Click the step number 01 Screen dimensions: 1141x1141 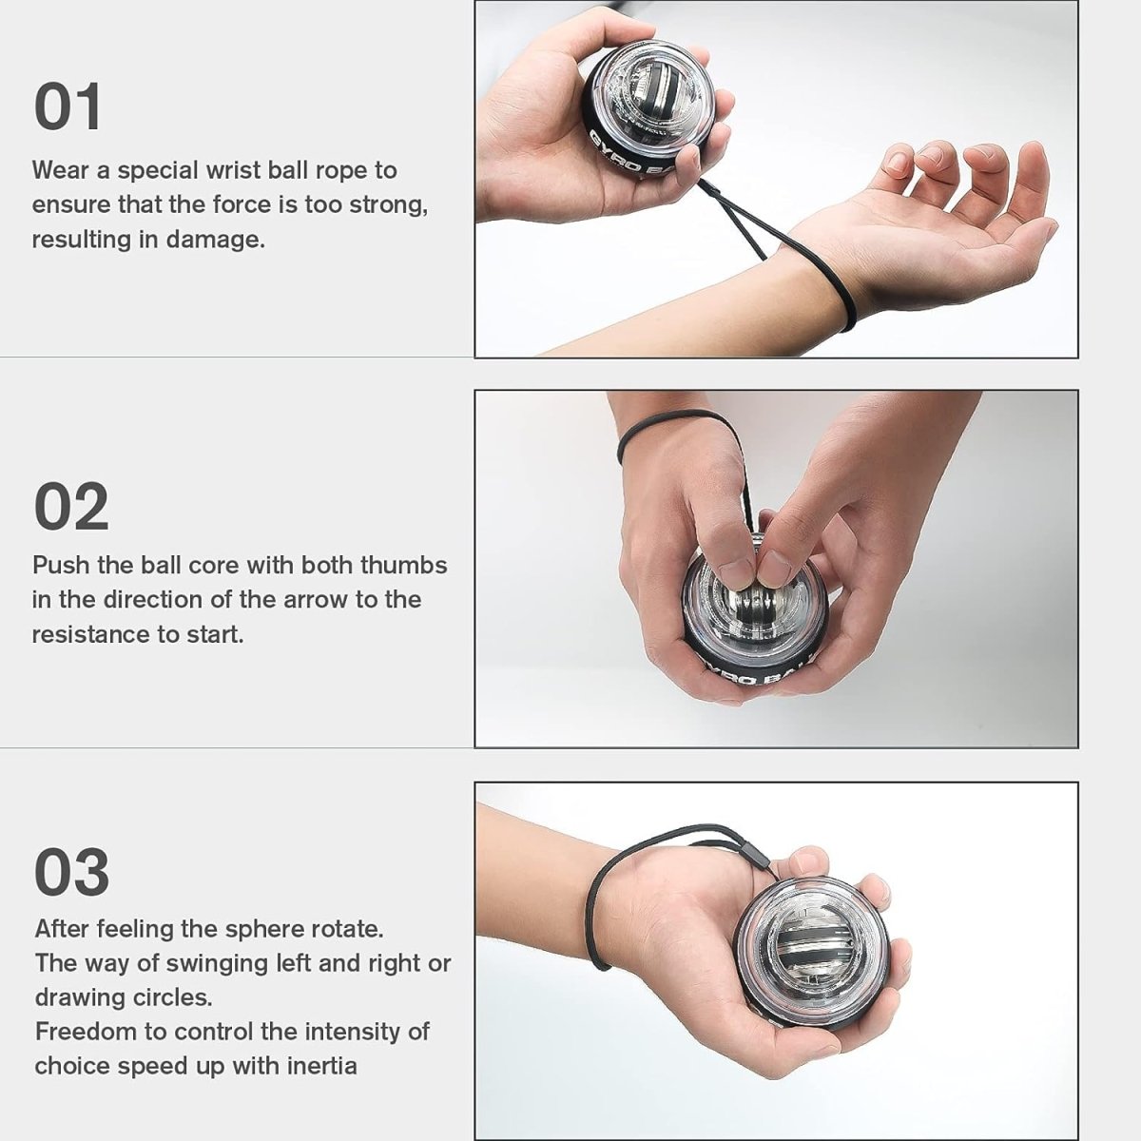tap(68, 107)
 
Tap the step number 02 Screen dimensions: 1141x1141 tap(71, 507)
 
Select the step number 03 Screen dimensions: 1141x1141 tap(71, 872)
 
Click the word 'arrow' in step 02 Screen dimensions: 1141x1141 tap(312, 600)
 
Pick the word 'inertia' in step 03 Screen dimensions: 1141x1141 tap(321, 1066)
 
